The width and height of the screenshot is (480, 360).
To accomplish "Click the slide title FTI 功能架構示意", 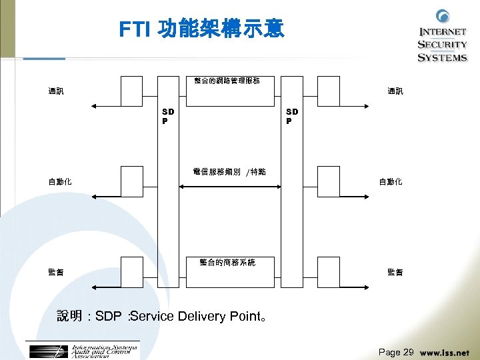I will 201,29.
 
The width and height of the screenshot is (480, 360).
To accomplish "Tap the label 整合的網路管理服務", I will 227,81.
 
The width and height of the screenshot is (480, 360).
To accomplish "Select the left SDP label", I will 168,117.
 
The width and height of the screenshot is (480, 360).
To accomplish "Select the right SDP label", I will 292,117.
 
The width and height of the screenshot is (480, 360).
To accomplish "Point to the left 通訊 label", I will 56,91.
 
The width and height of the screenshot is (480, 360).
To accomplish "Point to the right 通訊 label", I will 395,91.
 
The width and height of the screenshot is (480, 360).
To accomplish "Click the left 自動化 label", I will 60,181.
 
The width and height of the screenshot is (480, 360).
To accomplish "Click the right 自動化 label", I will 391,181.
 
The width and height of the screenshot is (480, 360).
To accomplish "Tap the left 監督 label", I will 56,272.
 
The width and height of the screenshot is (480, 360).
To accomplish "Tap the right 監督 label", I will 395,272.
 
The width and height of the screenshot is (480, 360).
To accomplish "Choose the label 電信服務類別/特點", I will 229,172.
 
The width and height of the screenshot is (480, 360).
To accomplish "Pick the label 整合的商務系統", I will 227,263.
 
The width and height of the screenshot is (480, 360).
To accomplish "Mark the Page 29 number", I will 396,352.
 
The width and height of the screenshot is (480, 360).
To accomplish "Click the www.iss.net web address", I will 445,353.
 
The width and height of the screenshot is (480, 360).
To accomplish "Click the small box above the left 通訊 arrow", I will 131,91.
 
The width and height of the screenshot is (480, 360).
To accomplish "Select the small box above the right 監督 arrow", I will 329,271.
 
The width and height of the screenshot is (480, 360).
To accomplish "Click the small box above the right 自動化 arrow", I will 329,181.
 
